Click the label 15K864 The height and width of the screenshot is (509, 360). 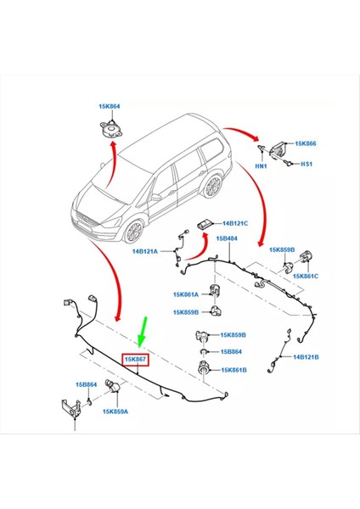point(109,106)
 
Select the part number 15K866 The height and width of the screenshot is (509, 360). point(304,145)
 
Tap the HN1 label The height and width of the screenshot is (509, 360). point(260,167)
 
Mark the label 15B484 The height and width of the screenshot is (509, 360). point(227,239)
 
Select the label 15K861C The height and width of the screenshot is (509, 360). point(306,276)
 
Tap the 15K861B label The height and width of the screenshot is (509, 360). point(233,369)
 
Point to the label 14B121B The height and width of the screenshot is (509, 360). point(307,357)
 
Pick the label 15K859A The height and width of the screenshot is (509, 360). point(116,411)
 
